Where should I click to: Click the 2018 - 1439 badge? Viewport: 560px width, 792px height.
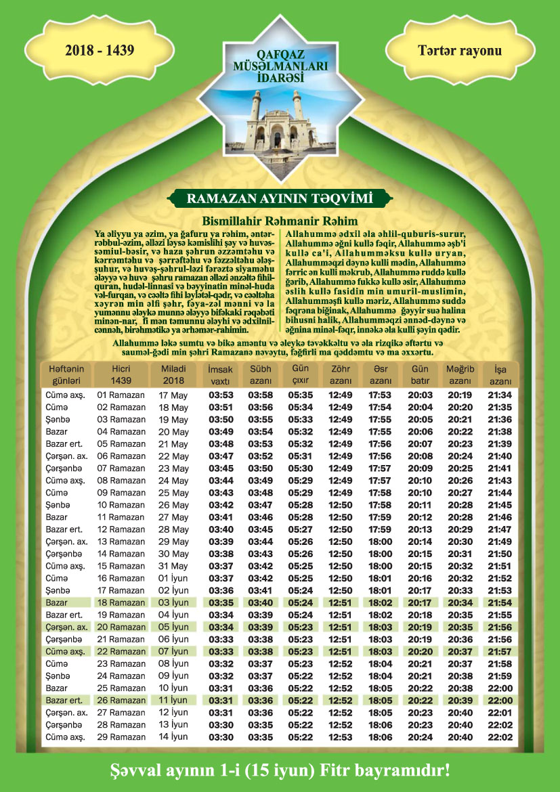[x=100, y=50]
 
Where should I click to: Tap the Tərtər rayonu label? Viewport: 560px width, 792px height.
[x=460, y=50]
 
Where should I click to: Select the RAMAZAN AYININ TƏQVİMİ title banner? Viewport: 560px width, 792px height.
[x=280, y=198]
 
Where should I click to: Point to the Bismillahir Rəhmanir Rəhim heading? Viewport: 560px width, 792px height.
[x=280, y=221]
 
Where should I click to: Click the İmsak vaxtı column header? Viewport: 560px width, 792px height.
[x=221, y=376]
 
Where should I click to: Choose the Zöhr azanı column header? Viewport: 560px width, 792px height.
[x=341, y=376]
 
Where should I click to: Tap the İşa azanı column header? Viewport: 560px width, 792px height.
[x=500, y=376]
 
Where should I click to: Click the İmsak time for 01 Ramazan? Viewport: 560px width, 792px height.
[x=221, y=395]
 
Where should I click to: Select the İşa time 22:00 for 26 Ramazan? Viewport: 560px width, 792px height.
[x=500, y=700]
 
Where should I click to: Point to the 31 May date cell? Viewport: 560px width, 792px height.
[x=173, y=566]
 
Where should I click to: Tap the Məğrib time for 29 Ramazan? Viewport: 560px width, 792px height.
[x=460, y=736]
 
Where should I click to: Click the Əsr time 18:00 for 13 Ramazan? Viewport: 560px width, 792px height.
[x=380, y=542]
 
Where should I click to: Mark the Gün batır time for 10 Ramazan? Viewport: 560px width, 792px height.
[x=421, y=505]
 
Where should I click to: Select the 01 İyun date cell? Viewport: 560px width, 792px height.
[x=173, y=578]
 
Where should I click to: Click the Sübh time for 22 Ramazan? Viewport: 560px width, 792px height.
[x=261, y=651]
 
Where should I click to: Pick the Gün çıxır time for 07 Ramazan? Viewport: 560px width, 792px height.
[x=301, y=468]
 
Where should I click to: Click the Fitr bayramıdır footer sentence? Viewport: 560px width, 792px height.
[x=280, y=770]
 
